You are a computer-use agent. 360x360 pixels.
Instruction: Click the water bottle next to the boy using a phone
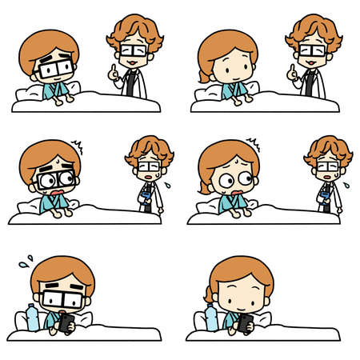(33, 317)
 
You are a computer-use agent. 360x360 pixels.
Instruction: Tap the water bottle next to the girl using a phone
(211, 317)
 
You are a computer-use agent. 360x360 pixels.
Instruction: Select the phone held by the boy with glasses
(69, 322)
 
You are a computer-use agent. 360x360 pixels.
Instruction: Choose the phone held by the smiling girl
(246, 322)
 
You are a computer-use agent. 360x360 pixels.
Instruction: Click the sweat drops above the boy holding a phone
(26, 261)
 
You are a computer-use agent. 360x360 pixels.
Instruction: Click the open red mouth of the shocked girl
(238, 192)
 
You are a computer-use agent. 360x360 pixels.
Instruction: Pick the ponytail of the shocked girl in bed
(204, 187)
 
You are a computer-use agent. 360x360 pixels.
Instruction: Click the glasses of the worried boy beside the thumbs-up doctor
(54, 69)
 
